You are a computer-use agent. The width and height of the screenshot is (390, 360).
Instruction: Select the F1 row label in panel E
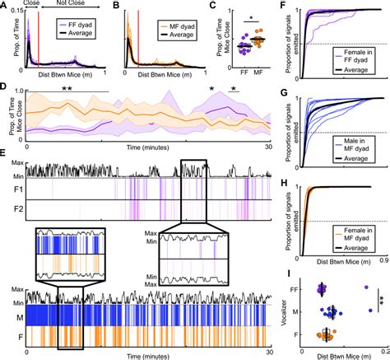(x=17, y=190)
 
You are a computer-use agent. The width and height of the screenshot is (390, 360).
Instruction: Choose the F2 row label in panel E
(x=17, y=210)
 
